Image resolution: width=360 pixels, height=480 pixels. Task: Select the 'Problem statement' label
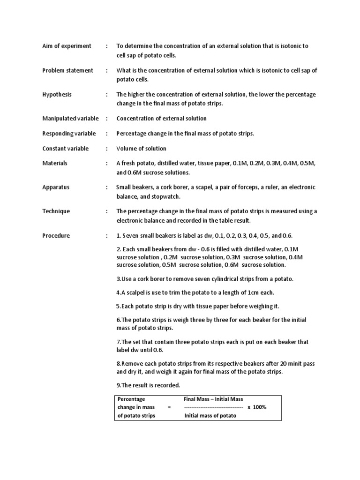click(68, 71)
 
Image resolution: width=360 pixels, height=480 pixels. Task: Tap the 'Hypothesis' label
click(57, 95)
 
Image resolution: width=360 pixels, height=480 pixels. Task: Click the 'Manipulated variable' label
click(70, 119)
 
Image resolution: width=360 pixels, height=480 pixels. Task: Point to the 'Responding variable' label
click(69, 134)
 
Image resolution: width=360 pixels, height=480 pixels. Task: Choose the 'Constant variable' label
click(65, 149)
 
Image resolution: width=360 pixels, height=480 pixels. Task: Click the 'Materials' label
click(55, 163)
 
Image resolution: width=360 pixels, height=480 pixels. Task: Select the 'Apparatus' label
click(56, 187)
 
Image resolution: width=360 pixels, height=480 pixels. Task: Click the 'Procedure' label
click(56, 236)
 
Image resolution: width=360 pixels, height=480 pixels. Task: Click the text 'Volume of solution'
click(141, 149)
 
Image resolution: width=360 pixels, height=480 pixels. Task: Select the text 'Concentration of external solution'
click(161, 119)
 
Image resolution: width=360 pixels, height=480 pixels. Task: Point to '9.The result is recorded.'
click(148, 385)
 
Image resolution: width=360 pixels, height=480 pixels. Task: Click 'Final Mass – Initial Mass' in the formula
click(214, 399)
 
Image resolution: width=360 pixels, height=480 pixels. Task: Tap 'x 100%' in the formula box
click(257, 407)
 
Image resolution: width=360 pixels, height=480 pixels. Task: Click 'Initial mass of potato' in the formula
click(210, 416)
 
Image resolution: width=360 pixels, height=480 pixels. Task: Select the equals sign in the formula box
click(169, 407)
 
